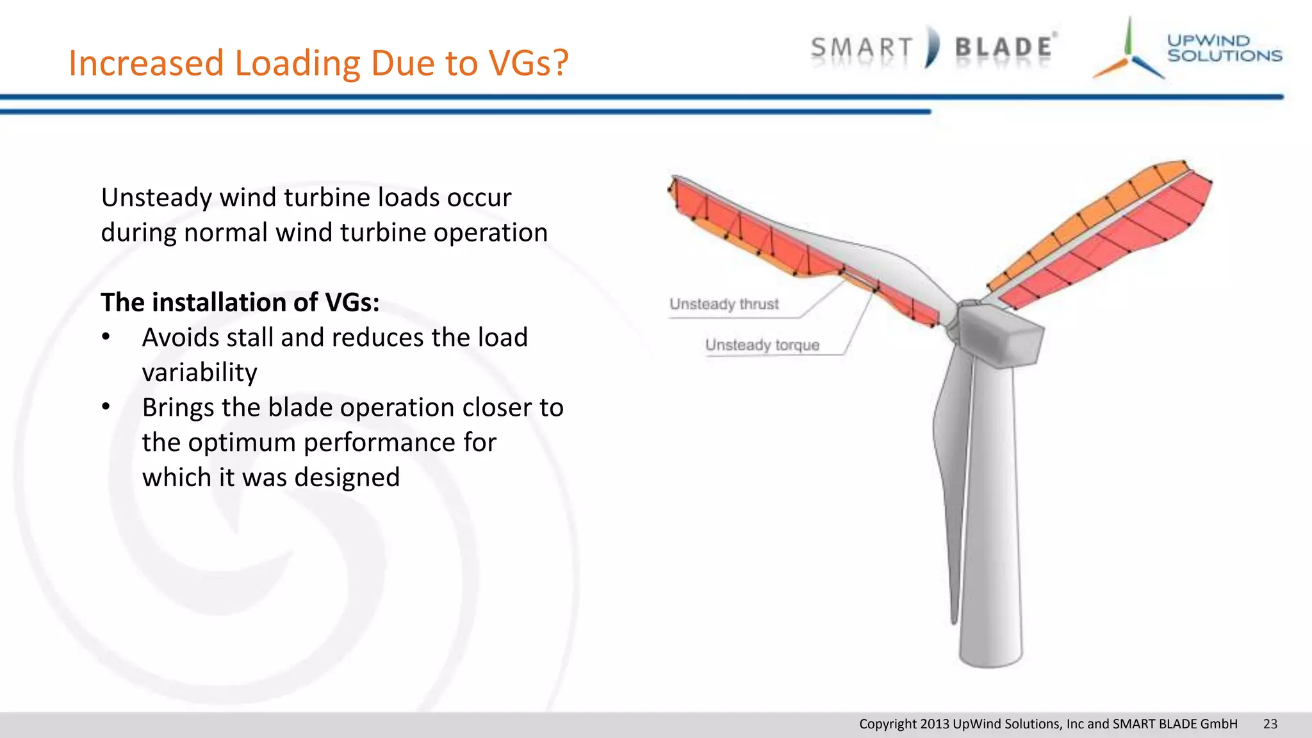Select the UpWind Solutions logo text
coord(1224,48)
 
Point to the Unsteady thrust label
coord(724,304)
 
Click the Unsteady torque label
coord(762,345)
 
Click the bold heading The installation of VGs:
coord(240,302)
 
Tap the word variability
coord(199,373)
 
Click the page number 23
coord(1270,724)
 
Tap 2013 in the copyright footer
coord(935,724)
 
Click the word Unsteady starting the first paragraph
coord(156,198)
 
